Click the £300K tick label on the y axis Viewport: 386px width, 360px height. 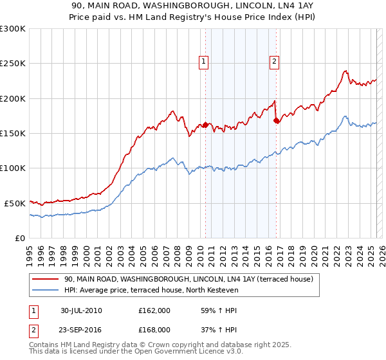point(12,29)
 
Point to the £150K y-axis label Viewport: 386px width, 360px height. point(12,134)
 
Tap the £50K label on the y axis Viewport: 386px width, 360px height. point(15,203)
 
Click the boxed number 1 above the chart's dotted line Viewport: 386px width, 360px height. point(204,62)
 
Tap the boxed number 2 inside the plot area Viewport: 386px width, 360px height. point(274,62)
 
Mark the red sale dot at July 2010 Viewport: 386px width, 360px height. point(205,125)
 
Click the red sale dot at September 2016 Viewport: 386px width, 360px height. point(276,120)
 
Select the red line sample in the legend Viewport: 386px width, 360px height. point(44,279)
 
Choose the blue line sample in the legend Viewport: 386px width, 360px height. point(44,291)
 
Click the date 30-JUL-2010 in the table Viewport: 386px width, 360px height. point(81,310)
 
